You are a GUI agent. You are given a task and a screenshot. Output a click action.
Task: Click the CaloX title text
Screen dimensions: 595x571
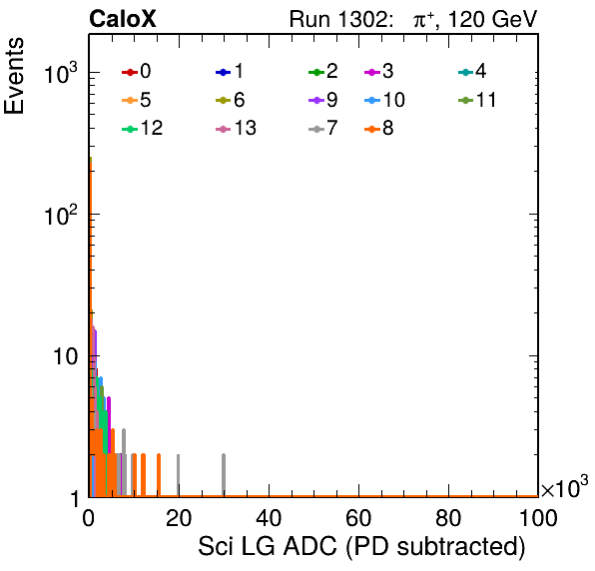click(x=123, y=19)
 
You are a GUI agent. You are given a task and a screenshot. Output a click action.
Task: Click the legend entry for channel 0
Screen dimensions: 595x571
click(x=137, y=71)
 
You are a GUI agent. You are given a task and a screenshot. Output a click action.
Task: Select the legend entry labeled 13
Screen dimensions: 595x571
click(x=236, y=128)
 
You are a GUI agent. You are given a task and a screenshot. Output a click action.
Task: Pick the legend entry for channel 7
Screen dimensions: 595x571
click(x=323, y=128)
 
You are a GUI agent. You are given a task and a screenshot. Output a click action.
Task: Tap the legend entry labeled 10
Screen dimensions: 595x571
click(x=384, y=100)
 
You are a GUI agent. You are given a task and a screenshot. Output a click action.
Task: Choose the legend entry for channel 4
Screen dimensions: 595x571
click(x=472, y=71)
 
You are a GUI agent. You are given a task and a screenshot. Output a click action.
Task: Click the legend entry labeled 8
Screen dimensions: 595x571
click(x=379, y=128)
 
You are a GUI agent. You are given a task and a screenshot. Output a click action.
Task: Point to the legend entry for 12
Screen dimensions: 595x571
click(x=143, y=128)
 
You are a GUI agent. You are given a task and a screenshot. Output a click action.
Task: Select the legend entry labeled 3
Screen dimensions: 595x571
click(x=379, y=71)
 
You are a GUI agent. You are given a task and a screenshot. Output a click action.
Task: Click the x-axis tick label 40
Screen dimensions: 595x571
click(x=269, y=518)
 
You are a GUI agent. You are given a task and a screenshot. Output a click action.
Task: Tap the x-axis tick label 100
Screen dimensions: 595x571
click(x=538, y=518)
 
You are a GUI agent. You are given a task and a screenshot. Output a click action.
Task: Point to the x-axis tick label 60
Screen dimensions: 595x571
click(x=358, y=518)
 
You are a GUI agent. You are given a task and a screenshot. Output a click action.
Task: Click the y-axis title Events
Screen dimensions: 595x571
click(x=14, y=76)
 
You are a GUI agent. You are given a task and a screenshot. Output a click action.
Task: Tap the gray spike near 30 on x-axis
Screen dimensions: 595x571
click(x=224, y=475)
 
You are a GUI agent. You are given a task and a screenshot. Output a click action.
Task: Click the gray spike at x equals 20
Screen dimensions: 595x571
click(x=179, y=475)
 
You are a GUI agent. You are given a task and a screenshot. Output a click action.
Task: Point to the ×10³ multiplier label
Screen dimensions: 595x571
click(x=565, y=487)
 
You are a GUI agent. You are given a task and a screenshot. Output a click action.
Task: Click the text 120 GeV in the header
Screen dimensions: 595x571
click(x=492, y=19)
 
